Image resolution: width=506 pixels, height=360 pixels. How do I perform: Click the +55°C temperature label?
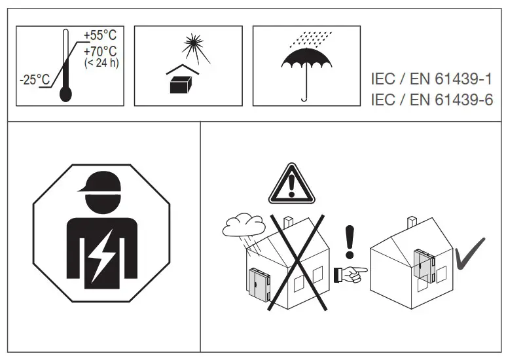coord(99,36)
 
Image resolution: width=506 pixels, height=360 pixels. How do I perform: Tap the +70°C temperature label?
coord(99,51)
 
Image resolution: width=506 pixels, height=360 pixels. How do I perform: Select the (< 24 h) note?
coord(101,64)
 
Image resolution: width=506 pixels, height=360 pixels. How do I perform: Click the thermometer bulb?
coord(65,94)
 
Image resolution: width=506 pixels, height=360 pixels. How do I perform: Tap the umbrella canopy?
coord(305,59)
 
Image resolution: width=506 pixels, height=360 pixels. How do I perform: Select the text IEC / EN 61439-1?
coord(431,80)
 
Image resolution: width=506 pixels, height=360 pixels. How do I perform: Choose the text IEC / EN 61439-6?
coord(431,99)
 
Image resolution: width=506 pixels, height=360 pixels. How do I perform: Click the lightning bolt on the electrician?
coord(101,257)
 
